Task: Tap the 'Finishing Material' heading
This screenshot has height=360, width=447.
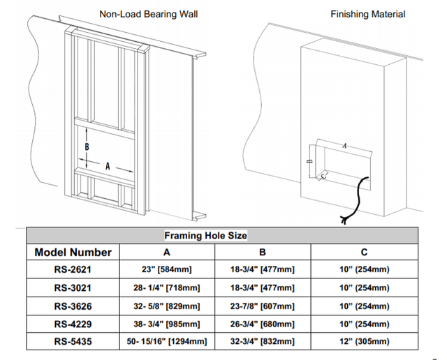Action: [367, 14]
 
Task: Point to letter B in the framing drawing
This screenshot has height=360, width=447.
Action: [87, 147]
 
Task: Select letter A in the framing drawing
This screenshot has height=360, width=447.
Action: [108, 167]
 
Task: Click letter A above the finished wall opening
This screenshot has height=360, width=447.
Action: [345, 146]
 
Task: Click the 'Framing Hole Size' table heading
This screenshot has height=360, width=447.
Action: [205, 236]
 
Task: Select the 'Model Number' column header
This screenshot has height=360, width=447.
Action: [73, 252]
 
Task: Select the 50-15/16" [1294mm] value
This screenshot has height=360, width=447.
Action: [167, 341]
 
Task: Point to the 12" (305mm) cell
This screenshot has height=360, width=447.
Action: [365, 341]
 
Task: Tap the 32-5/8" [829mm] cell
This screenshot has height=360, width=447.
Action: [167, 306]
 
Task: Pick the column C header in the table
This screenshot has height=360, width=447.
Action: [365, 252]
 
